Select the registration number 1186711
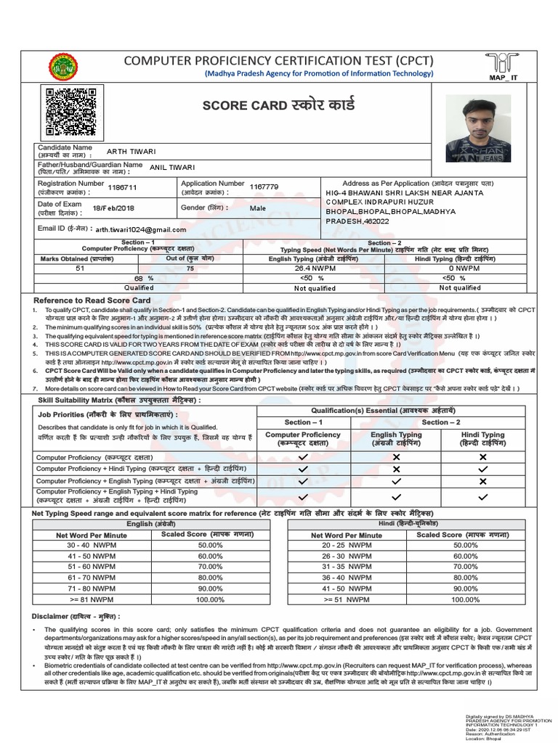click(x=121, y=186)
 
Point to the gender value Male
click(x=257, y=208)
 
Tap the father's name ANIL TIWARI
click(x=173, y=167)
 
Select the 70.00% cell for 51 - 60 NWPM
click(x=210, y=565)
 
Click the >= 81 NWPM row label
click(x=86, y=600)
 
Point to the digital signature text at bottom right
click(x=504, y=726)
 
